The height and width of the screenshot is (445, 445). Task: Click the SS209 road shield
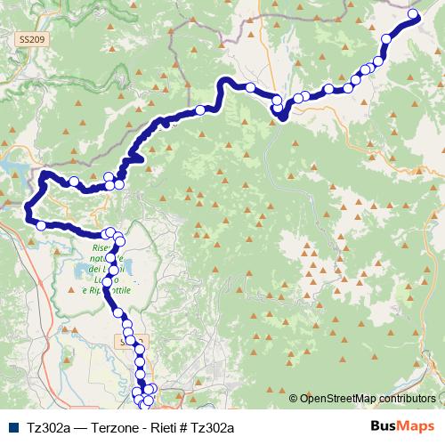(28, 40)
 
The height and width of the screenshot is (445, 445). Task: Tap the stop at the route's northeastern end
(414, 14)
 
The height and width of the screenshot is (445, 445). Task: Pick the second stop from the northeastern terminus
(387, 37)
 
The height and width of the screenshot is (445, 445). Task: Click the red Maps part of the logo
(416, 426)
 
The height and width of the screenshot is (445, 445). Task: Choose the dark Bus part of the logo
(383, 426)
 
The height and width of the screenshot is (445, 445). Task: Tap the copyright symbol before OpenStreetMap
(294, 399)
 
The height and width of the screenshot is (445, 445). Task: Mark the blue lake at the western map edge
(11, 166)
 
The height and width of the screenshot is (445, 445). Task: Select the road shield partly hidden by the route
(127, 342)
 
